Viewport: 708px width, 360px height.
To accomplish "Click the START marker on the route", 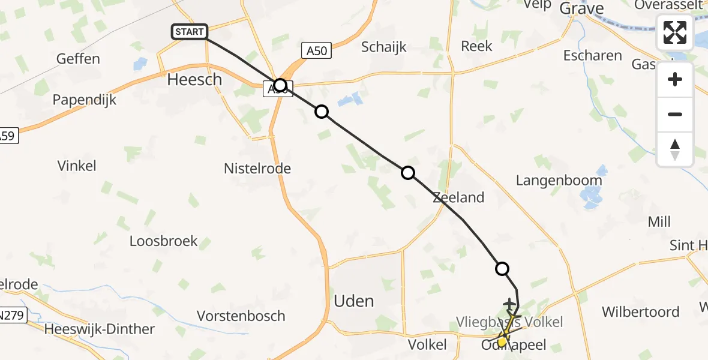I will (190, 32).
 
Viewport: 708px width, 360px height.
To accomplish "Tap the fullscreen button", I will (675, 32).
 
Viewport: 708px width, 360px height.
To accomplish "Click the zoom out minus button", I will (675, 114).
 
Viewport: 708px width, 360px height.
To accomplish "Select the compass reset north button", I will (675, 149).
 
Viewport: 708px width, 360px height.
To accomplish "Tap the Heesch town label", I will (195, 80).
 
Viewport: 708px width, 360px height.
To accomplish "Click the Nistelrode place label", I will (257, 169).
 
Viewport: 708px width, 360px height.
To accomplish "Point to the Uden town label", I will (354, 301).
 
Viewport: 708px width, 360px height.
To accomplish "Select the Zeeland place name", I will (458, 197).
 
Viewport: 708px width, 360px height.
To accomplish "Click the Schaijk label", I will (385, 47).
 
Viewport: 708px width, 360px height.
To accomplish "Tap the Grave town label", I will (581, 8).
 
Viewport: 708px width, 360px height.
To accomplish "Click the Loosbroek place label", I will (163, 241).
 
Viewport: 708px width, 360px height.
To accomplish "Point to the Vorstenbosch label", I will (241, 316).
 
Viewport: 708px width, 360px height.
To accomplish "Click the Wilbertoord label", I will (641, 312).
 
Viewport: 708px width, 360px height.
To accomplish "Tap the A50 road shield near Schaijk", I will (316, 51).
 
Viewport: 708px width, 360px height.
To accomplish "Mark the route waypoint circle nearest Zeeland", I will (407, 173).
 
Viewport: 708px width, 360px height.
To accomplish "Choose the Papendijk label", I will (84, 100).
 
